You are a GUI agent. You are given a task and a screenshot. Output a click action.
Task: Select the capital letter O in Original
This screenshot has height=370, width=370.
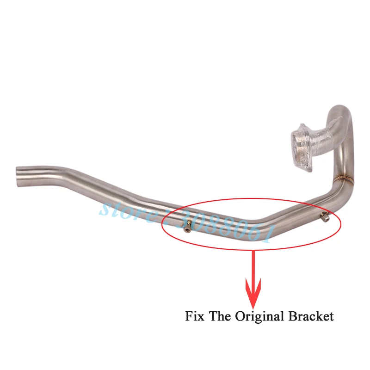240,317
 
